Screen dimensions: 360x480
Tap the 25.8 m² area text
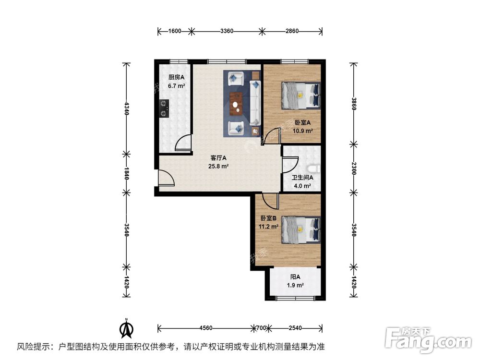pyautogui.click(x=218, y=167)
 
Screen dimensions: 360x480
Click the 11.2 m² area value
pyautogui.click(x=269, y=227)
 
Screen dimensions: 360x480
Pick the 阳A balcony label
pyautogui.click(x=295, y=277)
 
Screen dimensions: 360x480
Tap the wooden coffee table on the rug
pyautogui.click(x=237, y=103)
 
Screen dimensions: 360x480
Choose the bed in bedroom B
pyautogui.click(x=300, y=229)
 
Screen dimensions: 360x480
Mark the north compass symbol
pyautogui.click(x=126, y=328)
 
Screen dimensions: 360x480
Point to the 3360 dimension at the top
pyautogui.click(x=227, y=32)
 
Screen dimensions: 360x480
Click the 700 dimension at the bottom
pyautogui.click(x=261, y=328)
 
